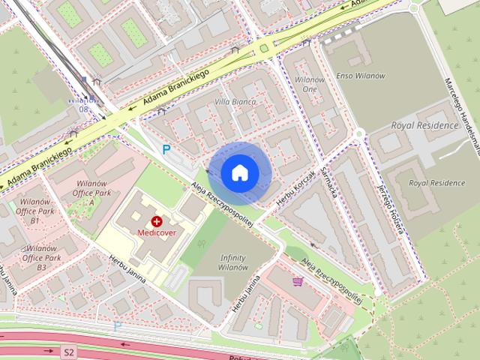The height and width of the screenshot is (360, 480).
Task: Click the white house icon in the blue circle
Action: point(239,172)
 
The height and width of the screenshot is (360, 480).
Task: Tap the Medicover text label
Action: point(156,232)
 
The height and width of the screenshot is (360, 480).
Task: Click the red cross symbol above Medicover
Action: point(157,221)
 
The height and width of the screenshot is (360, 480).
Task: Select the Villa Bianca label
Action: point(235,101)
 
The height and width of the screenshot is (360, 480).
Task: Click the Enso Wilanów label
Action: point(361,76)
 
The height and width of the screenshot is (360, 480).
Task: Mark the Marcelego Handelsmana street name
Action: point(460,112)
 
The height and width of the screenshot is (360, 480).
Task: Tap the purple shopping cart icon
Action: point(298,281)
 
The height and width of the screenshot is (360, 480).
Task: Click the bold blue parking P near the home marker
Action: point(166,149)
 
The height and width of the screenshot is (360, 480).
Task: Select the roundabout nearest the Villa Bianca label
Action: point(263,49)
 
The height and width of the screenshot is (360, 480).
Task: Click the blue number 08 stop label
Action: point(82,109)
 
